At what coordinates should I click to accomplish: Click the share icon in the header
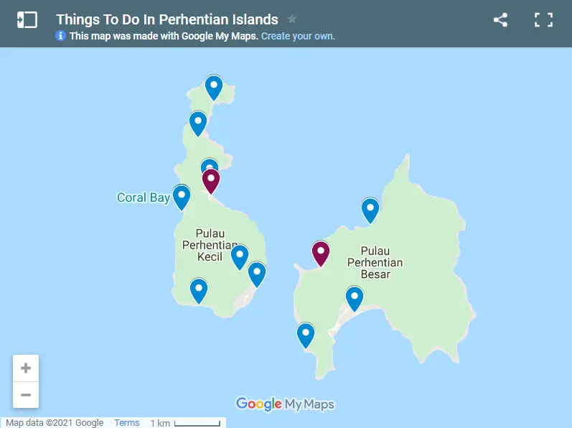pos(500,20)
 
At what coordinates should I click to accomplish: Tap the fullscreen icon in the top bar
pos(543,20)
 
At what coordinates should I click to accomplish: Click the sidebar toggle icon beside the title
pos(27,20)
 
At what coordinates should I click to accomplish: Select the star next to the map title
pos(292,19)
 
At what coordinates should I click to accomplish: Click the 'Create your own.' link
pos(298,36)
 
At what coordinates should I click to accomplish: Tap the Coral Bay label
pos(143,197)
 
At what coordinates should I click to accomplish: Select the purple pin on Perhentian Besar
pos(320,253)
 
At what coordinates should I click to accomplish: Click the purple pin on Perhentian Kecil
pos(210,180)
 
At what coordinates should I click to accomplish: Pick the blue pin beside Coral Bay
pos(182,196)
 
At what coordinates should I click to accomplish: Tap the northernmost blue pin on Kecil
pos(214,87)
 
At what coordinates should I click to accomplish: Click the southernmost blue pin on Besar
pos(306,334)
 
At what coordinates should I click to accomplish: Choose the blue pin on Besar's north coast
pos(370,210)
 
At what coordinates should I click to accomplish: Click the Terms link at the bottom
pos(127,423)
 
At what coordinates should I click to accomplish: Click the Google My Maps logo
pos(285,404)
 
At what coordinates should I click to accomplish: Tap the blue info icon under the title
pos(61,36)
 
